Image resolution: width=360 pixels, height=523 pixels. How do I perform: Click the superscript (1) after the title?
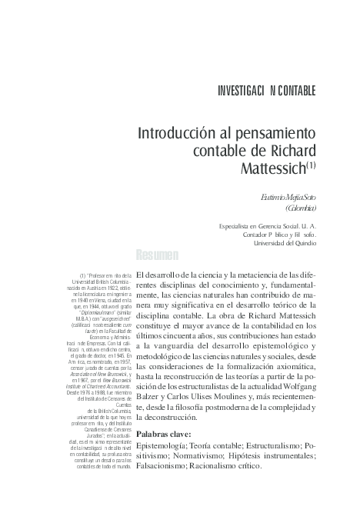coord(312,162)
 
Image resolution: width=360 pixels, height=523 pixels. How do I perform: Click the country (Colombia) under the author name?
coord(301,208)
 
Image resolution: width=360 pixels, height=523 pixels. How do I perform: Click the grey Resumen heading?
coord(157,255)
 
